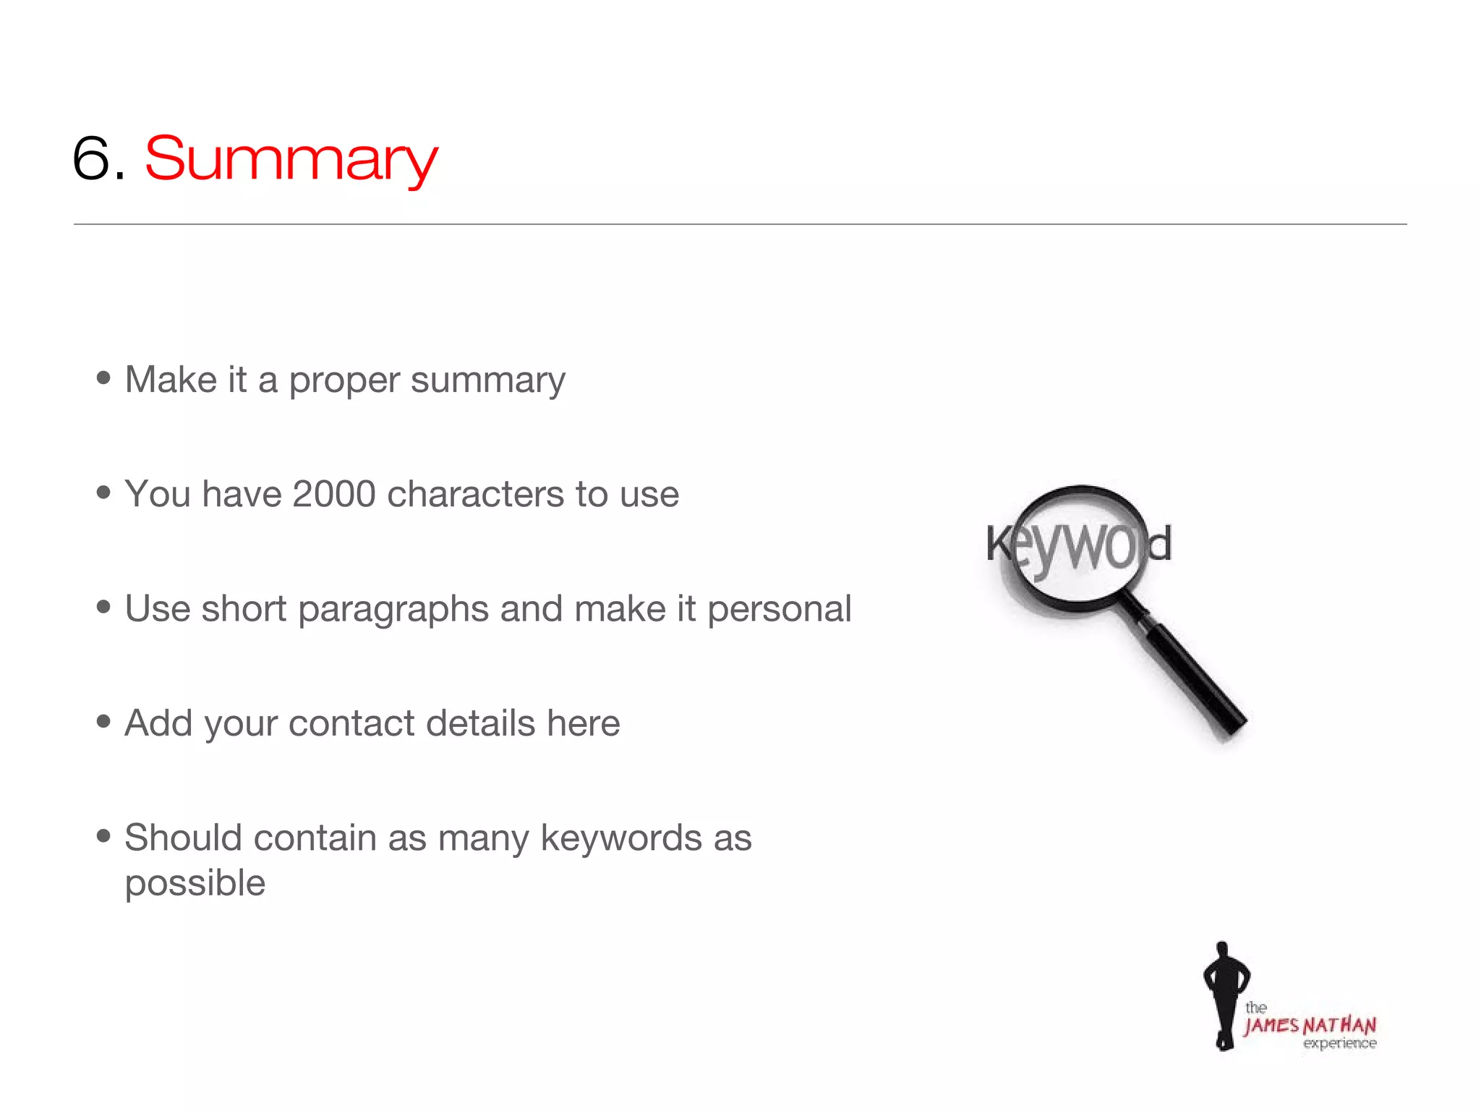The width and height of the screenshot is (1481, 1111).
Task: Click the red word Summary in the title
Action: (291, 159)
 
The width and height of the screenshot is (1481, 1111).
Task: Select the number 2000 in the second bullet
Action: (334, 495)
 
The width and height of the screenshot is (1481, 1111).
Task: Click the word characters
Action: (475, 495)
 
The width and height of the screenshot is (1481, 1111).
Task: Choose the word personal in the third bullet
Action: (779, 609)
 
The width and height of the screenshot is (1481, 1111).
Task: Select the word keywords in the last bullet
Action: (621, 839)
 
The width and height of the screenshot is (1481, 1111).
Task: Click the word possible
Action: (195, 884)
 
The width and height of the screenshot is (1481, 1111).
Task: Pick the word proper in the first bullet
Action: (344, 381)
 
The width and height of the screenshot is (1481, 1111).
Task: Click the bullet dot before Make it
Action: (103, 378)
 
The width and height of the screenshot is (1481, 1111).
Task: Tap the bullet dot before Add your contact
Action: (103, 721)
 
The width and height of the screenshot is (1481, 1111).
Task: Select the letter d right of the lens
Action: (1159, 544)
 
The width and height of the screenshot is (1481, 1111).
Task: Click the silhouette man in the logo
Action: (1224, 995)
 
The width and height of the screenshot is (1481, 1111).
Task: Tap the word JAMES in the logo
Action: (1271, 1026)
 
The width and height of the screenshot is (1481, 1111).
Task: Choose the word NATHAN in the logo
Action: (1339, 1026)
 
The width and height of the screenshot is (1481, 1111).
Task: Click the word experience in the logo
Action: (1339, 1044)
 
